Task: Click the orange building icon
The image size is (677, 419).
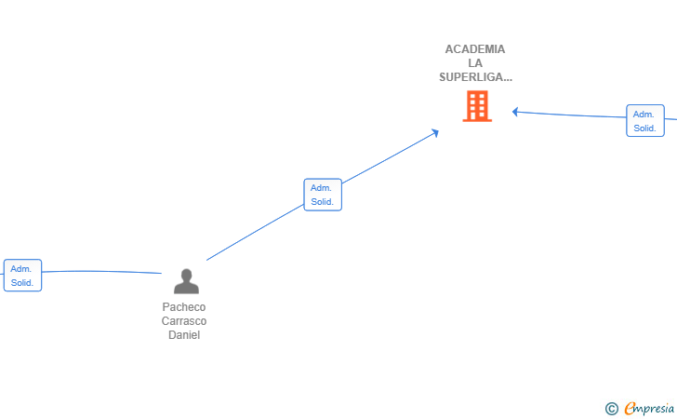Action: pyautogui.click(x=477, y=106)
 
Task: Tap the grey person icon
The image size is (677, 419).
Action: pyautogui.click(x=187, y=281)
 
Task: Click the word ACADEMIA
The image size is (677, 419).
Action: pyautogui.click(x=475, y=49)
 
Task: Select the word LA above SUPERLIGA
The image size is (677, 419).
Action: pyautogui.click(x=475, y=63)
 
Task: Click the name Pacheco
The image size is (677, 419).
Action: pyautogui.click(x=184, y=307)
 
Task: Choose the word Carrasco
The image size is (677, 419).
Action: pyautogui.click(x=184, y=321)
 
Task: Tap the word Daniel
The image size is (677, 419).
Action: pyautogui.click(x=184, y=335)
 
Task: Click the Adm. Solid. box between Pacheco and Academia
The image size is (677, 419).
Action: pyautogui.click(x=323, y=195)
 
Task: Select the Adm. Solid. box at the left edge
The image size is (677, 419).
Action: pyautogui.click(x=22, y=276)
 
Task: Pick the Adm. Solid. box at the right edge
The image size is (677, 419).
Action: pyautogui.click(x=645, y=121)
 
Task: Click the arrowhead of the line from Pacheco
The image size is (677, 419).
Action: pyautogui.click(x=435, y=133)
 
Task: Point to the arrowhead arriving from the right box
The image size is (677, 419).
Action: pyautogui.click(x=514, y=112)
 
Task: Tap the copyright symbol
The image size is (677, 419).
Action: pyautogui.click(x=611, y=409)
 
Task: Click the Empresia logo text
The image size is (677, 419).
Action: pyautogui.click(x=649, y=408)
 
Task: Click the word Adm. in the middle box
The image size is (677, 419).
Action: pyautogui.click(x=321, y=188)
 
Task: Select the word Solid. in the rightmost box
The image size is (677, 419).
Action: pyautogui.click(x=644, y=128)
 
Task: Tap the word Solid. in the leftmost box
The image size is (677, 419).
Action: pyautogui.click(x=22, y=283)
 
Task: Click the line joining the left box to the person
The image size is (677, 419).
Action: pyautogui.click(x=101, y=272)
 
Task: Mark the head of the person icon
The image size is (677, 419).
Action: pyautogui.click(x=187, y=275)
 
